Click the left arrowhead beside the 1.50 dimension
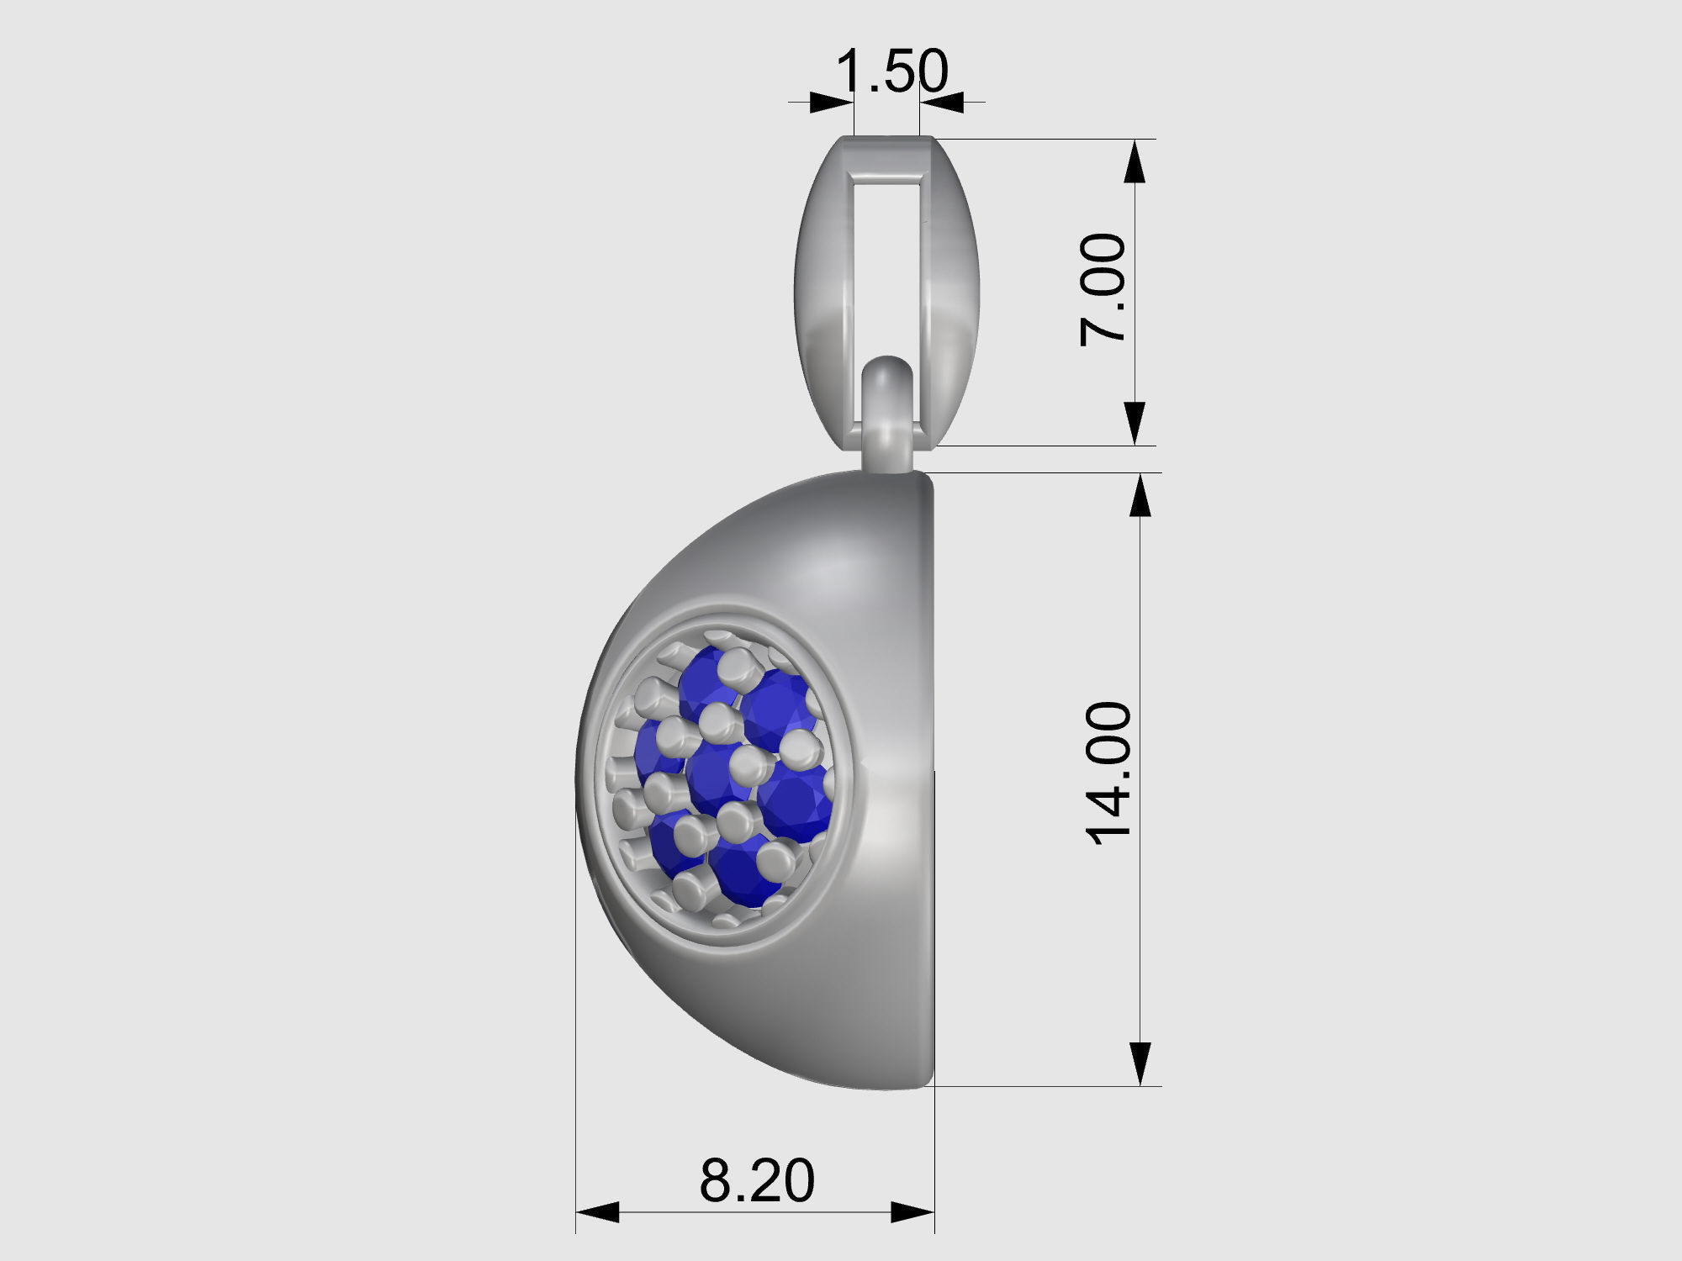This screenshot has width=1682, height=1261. click(831, 103)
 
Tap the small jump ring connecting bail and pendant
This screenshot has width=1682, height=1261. click(888, 412)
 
